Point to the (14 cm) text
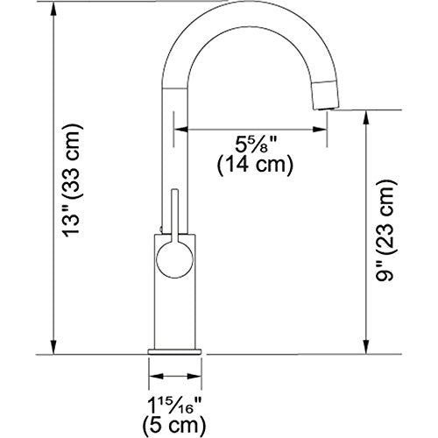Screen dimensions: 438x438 pos(253,164)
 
